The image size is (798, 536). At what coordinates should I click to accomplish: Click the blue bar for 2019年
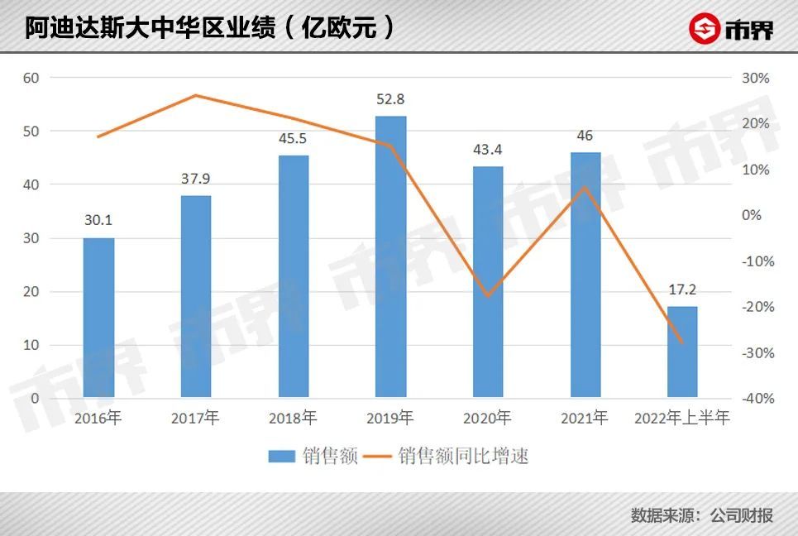pyautogui.click(x=390, y=256)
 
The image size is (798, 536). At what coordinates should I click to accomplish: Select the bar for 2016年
pyautogui.click(x=98, y=318)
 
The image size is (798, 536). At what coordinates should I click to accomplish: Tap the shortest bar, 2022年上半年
pyautogui.click(x=682, y=352)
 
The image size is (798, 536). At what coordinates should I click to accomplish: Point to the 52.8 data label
pyautogui.click(x=390, y=99)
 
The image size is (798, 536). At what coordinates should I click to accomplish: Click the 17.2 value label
pyautogui.click(x=682, y=291)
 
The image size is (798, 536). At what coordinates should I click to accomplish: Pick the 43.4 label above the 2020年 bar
pyautogui.click(x=488, y=150)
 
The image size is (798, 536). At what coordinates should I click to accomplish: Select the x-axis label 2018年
pyautogui.click(x=293, y=419)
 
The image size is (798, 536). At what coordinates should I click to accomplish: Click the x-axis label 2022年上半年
pyautogui.click(x=682, y=419)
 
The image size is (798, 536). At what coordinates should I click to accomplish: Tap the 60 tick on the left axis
pyautogui.click(x=32, y=78)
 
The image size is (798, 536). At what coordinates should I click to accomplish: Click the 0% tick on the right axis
pyautogui.click(x=752, y=215)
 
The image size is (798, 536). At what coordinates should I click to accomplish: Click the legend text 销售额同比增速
pyautogui.click(x=463, y=456)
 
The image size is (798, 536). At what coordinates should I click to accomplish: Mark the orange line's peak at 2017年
pyautogui.click(x=196, y=95)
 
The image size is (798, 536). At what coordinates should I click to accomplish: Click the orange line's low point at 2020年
pyautogui.click(x=488, y=295)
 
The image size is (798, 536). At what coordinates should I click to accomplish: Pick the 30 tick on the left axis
pyautogui.click(x=32, y=238)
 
